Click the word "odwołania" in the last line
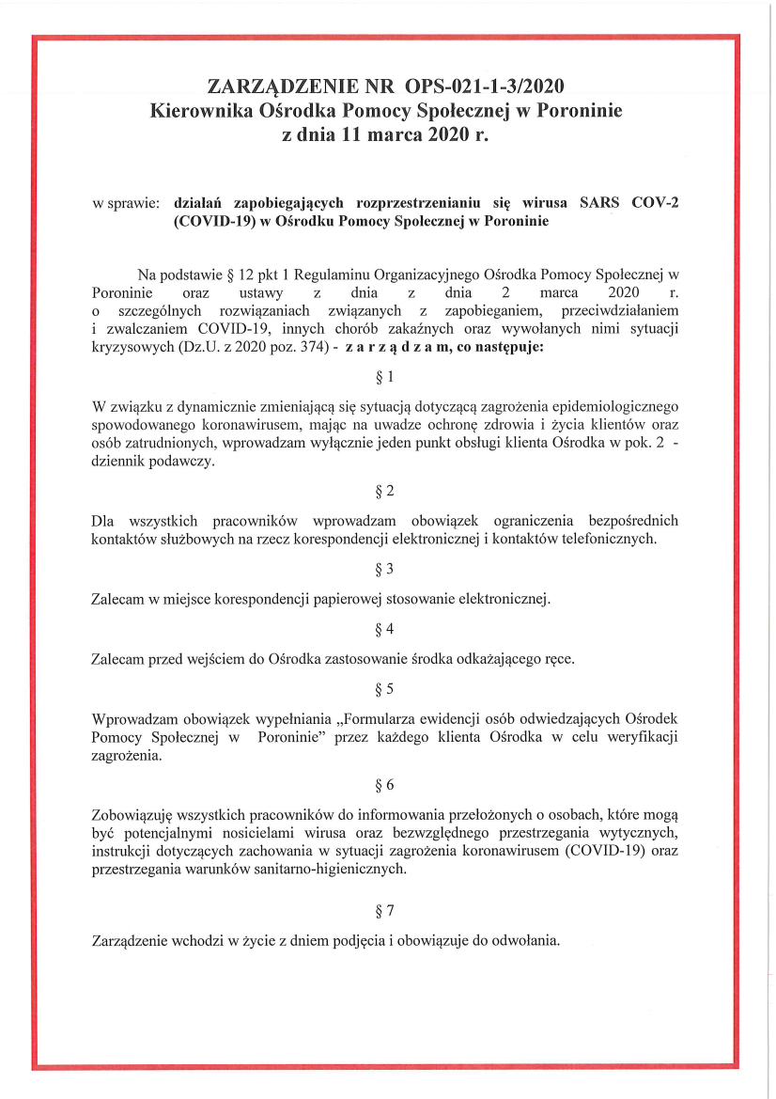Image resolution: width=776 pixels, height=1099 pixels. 529,939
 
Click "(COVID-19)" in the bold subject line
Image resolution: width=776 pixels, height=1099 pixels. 210,222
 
